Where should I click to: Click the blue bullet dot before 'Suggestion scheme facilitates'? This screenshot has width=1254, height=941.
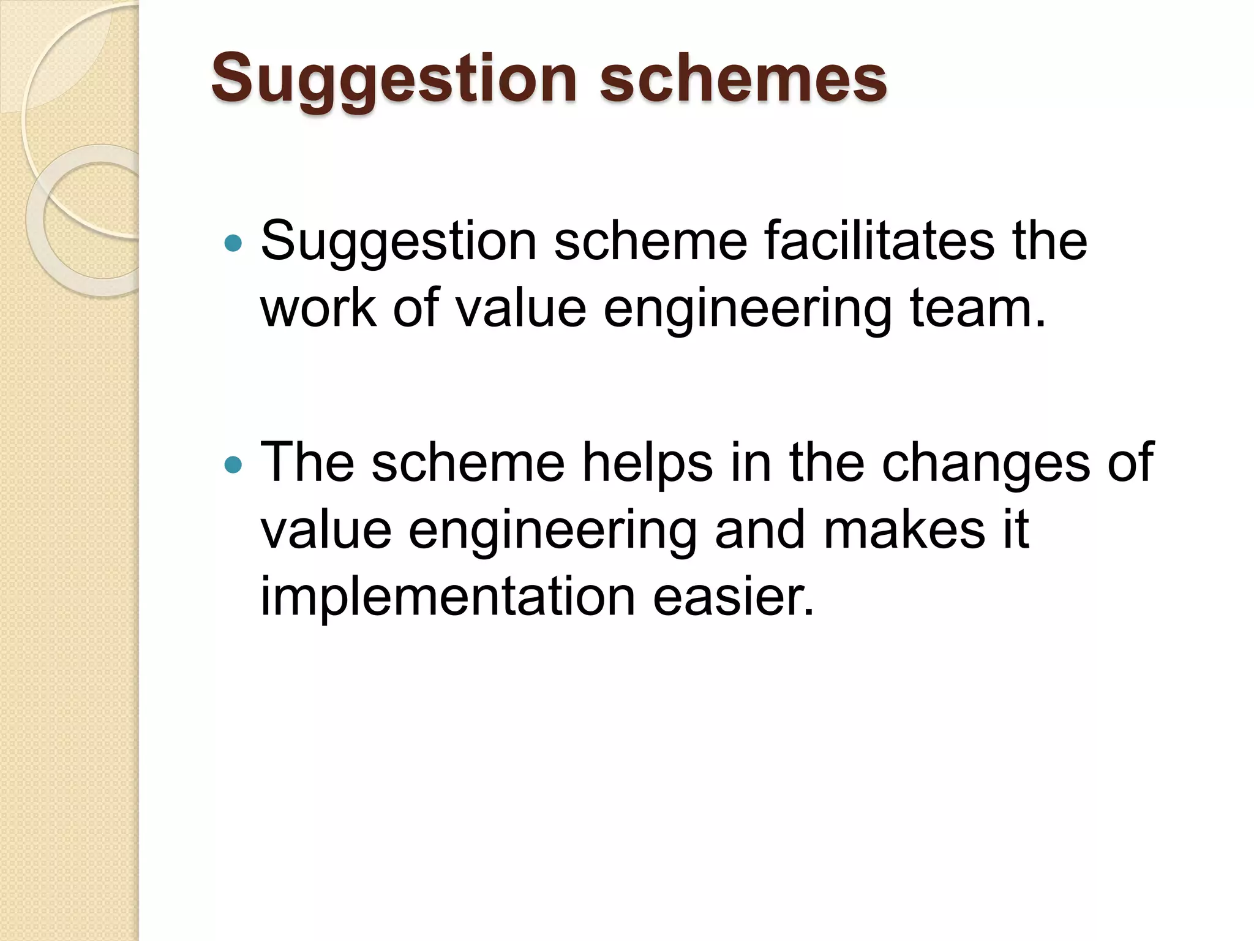coord(233,244)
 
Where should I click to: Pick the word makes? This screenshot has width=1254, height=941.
coord(904,529)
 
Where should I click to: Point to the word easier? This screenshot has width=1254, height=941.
coord(734,597)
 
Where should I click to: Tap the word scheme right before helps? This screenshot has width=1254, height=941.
coord(468,463)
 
